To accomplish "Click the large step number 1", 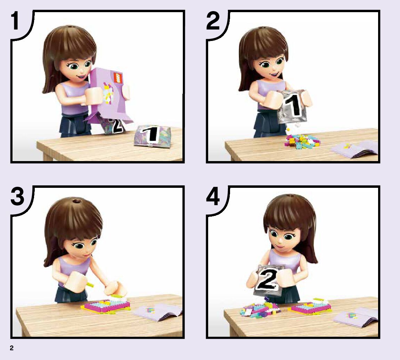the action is coord(15,21).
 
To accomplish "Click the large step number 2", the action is coord(213,21).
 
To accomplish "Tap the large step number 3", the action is coord(17,196).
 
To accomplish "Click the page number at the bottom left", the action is coord(12,348).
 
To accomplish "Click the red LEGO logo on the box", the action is coord(118,77).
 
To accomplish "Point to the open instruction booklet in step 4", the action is coord(356,318).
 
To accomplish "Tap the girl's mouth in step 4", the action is coord(280,247).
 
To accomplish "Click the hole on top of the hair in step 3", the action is coord(76,202).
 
